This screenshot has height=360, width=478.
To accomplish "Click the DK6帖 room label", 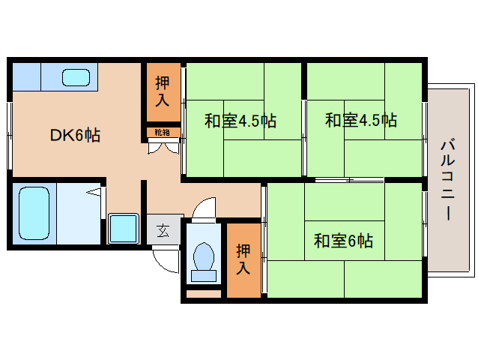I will (x=75, y=135).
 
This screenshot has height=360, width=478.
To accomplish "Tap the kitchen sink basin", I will (x=75, y=76).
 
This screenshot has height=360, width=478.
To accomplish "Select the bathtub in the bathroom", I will (x=34, y=212).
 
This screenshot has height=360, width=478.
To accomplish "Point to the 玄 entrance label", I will (x=163, y=230).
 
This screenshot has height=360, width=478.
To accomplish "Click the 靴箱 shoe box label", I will (x=163, y=133).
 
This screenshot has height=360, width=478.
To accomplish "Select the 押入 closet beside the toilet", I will (x=243, y=259).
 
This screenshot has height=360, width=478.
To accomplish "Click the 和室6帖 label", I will (x=343, y=241).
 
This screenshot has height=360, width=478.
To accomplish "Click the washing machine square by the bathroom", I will (x=124, y=228).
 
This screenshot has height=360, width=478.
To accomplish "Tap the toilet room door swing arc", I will (x=204, y=208).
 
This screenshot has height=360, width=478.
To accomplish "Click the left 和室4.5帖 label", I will (x=240, y=120).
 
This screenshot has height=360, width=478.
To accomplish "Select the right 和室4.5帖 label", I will (x=361, y=120).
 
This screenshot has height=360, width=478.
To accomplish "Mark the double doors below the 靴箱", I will (x=163, y=145).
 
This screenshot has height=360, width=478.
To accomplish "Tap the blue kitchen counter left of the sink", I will (x=27, y=76).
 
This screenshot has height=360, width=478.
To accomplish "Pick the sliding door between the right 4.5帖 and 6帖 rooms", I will (x=348, y=180).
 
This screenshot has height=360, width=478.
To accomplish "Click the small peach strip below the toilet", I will (x=203, y=293).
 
